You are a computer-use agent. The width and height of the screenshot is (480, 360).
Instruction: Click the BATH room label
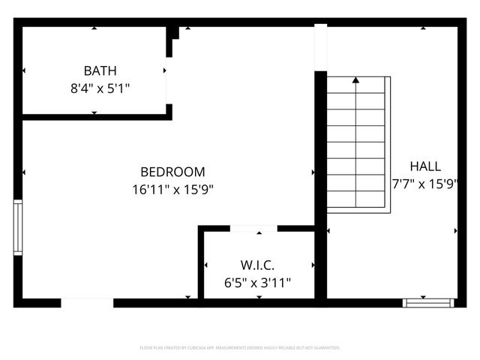pyautogui.click(x=100, y=71)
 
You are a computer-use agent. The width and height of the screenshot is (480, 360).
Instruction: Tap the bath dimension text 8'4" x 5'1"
pyautogui.click(x=100, y=88)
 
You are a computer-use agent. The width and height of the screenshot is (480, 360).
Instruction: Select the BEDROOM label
pyautogui.click(x=172, y=172)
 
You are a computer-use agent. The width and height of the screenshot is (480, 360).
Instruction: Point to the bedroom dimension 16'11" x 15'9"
pyautogui.click(x=173, y=190)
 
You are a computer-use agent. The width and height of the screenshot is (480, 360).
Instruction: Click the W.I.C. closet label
pyautogui.click(x=257, y=265)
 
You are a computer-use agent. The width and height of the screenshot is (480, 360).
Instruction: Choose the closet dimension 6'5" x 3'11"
pyautogui.click(x=257, y=283)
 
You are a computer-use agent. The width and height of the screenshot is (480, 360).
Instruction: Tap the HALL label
pyautogui.click(x=425, y=166)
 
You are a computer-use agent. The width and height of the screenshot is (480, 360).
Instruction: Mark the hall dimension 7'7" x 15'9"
pyautogui.click(x=425, y=183)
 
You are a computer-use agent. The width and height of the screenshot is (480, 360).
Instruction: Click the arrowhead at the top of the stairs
pyautogui.click(x=356, y=79)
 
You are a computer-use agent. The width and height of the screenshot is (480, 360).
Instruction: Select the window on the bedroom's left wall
pyautogui.click(x=18, y=228)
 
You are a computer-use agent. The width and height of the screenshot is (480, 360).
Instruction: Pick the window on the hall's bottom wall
pyautogui.click(x=428, y=303)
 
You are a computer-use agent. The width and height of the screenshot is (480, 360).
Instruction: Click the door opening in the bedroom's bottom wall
pyautogui.click(x=87, y=303)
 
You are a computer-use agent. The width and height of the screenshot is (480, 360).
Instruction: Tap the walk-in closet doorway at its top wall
pyautogui.click(x=253, y=228)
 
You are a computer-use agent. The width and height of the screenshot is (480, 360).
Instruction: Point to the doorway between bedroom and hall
pyautogui.click(x=321, y=46)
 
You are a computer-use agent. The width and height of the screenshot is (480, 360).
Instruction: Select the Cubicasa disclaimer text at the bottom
pyautogui.click(x=240, y=348)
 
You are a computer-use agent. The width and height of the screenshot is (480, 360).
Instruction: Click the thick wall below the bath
pyautogui.click(x=94, y=115)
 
